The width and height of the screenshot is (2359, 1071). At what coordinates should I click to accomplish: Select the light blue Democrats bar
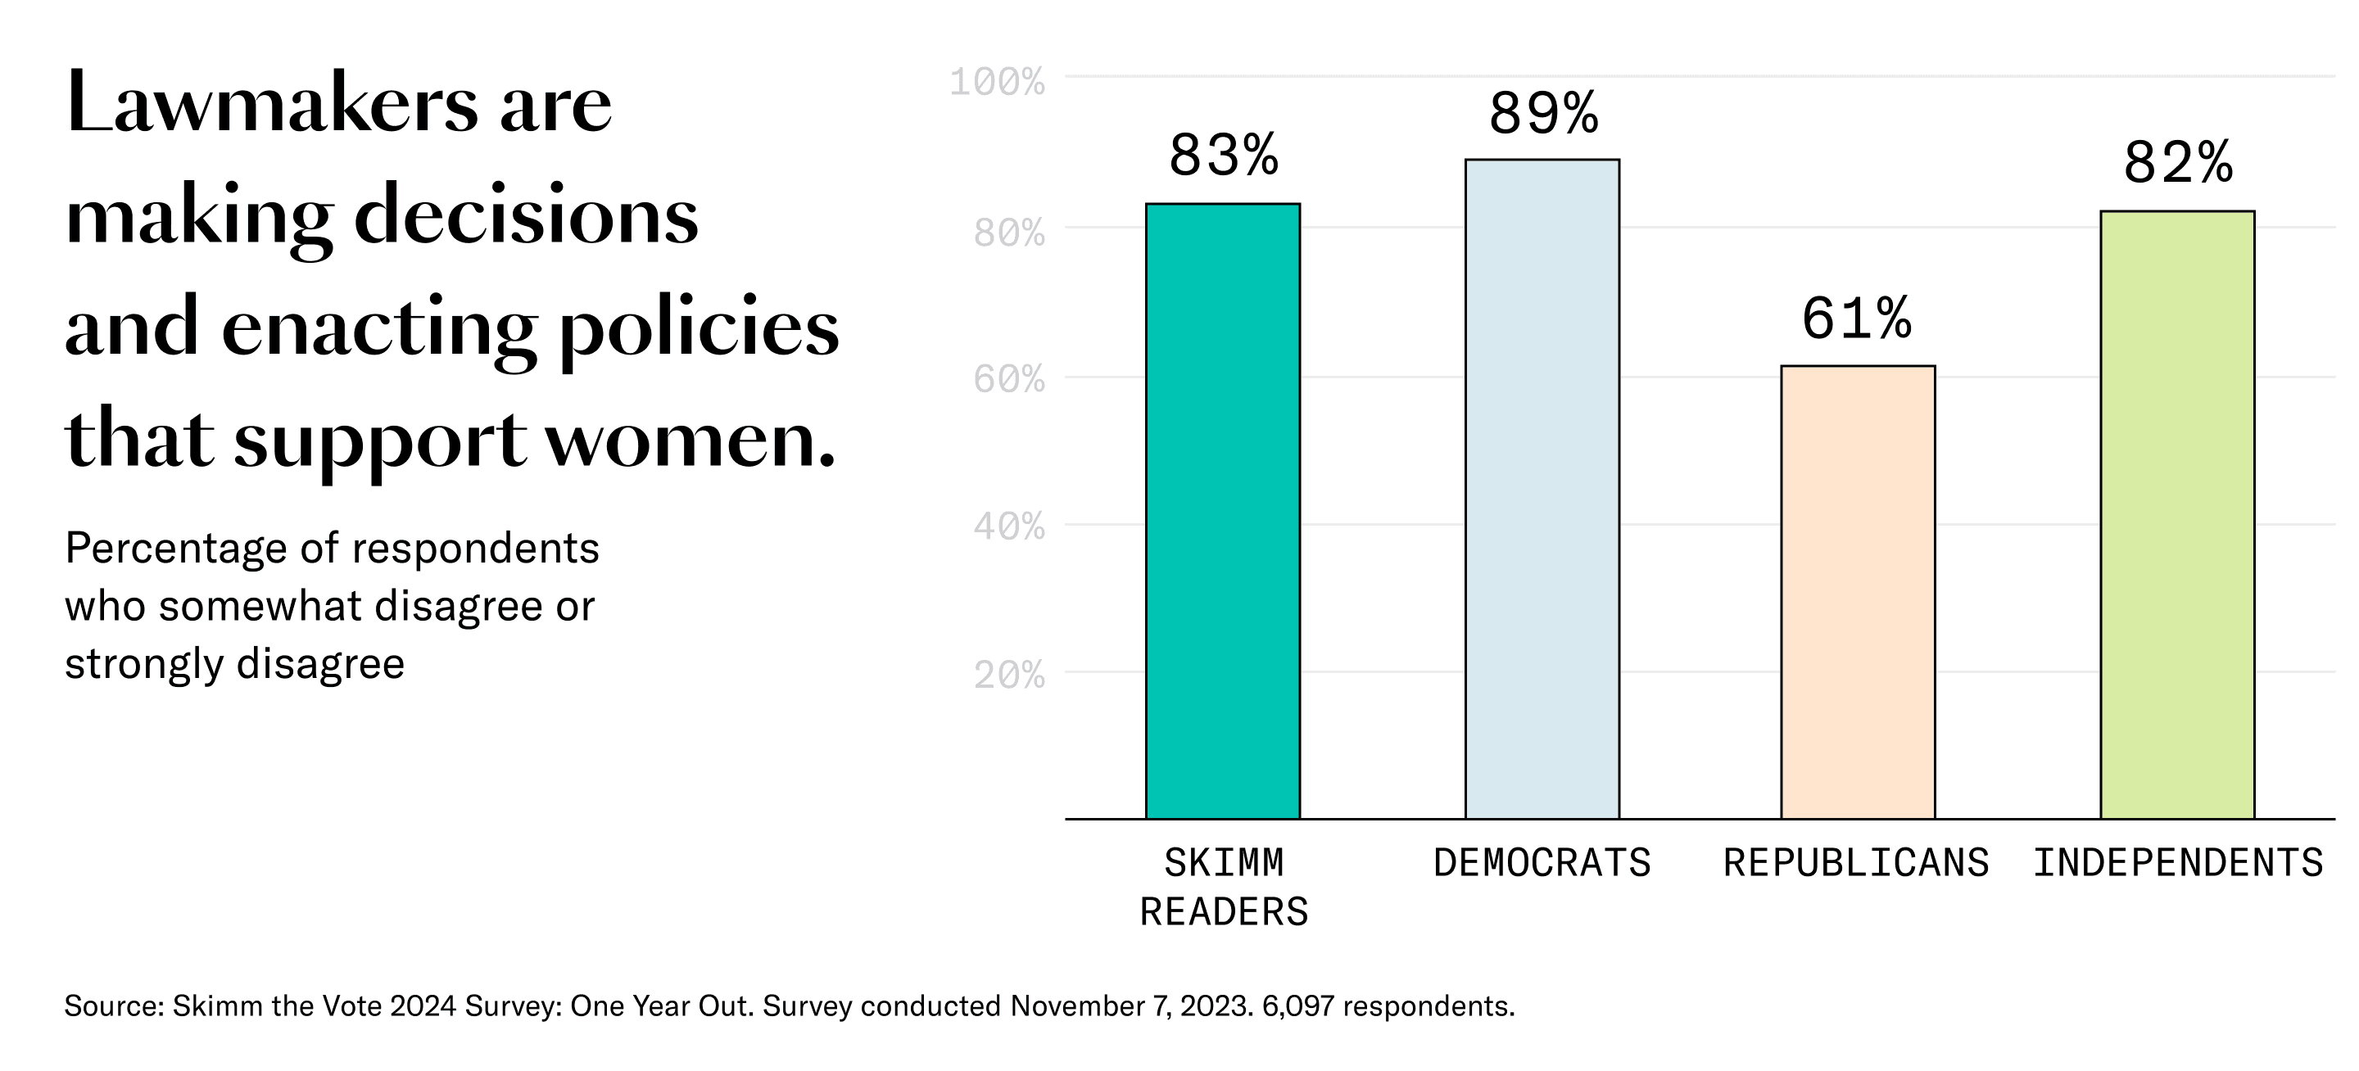tap(1542, 489)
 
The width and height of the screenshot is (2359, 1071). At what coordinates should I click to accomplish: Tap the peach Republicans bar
tap(1857, 592)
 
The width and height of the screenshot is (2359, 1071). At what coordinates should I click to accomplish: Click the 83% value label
tap(1224, 156)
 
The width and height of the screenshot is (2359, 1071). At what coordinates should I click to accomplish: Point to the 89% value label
tap(1543, 115)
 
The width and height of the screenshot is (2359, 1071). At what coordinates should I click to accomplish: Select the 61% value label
tap(1856, 319)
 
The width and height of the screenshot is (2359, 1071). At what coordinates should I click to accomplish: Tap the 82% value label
tap(2178, 164)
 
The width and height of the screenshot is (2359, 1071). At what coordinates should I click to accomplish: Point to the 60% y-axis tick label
tap(1008, 379)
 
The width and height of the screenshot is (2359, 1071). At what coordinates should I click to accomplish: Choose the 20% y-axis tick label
tap(1008, 676)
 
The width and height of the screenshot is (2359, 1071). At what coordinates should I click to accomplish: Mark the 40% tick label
tap(1008, 526)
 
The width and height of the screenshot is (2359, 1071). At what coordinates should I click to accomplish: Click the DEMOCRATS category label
tap(1542, 863)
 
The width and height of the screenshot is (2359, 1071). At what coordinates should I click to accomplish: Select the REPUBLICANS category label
tap(1856, 863)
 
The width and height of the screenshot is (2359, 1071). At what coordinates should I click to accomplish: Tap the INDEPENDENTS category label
tap(2178, 863)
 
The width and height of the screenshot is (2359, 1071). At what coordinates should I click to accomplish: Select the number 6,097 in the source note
tap(1297, 1006)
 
